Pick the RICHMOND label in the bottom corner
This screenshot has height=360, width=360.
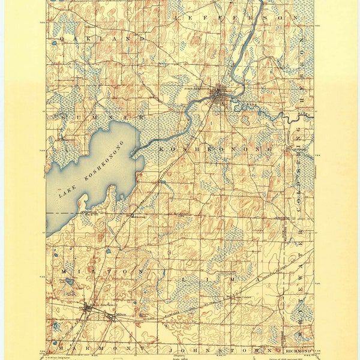pyautogui.click(x=289, y=349)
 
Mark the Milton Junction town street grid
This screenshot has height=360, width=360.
pyautogui.click(x=88, y=309)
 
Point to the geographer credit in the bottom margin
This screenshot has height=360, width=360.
pyautogui.click(x=66, y=355)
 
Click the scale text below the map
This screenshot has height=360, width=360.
pyautogui.click(x=180, y=356)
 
